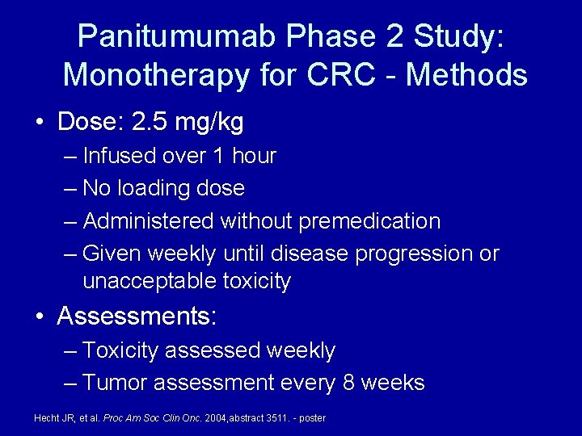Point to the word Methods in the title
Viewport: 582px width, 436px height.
[466, 75]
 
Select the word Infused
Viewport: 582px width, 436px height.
[123, 156]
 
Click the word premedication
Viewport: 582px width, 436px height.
[369, 220]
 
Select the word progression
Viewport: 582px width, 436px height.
[414, 254]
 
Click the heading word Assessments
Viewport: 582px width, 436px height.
[134, 316]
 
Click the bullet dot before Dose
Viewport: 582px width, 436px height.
[40, 124]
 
